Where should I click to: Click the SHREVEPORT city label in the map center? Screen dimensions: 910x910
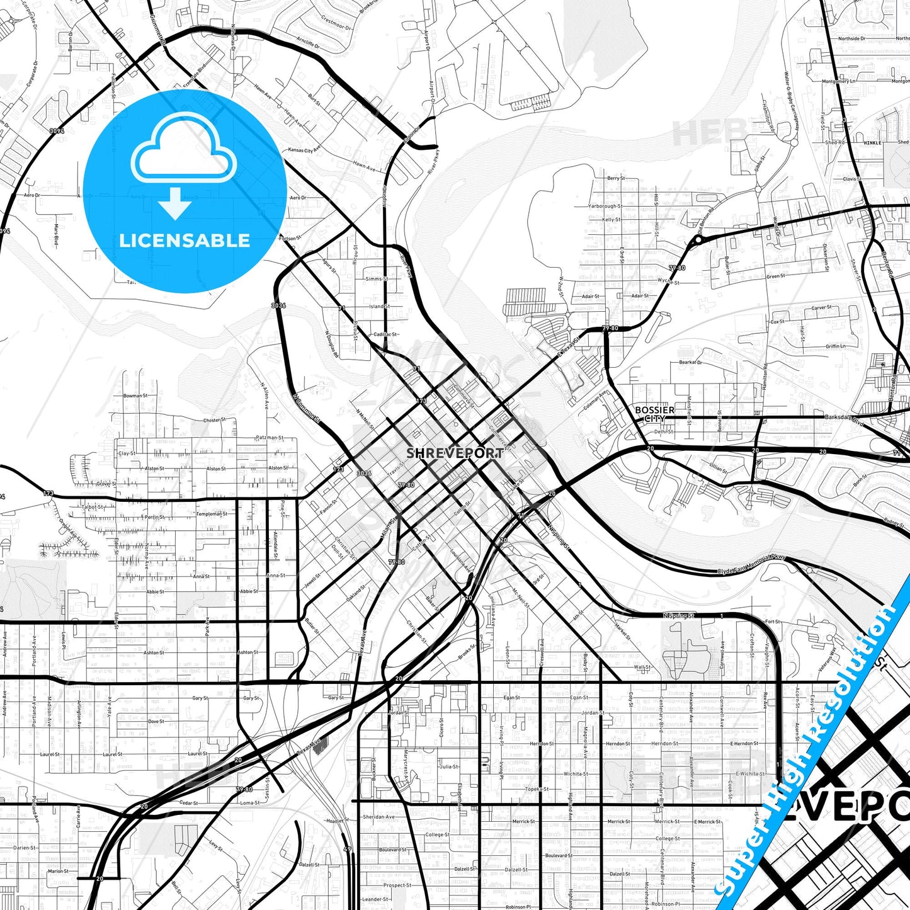click(x=455, y=453)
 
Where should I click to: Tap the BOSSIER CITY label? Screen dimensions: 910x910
click(x=654, y=414)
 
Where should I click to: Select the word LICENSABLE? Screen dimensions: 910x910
click(x=185, y=241)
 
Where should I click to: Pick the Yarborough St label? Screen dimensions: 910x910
click(x=605, y=206)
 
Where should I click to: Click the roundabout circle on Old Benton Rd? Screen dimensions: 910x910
click(x=698, y=240)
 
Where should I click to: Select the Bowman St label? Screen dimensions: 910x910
click(x=135, y=396)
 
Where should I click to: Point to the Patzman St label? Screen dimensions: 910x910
click(x=270, y=438)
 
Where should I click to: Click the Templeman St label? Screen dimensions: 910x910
click(x=211, y=514)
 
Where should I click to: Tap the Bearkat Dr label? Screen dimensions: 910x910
click(x=690, y=362)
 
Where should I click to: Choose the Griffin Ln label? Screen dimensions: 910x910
click(x=836, y=346)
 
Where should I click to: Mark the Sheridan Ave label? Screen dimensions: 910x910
click(x=378, y=817)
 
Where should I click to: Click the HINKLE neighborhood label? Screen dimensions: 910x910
click(x=872, y=143)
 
